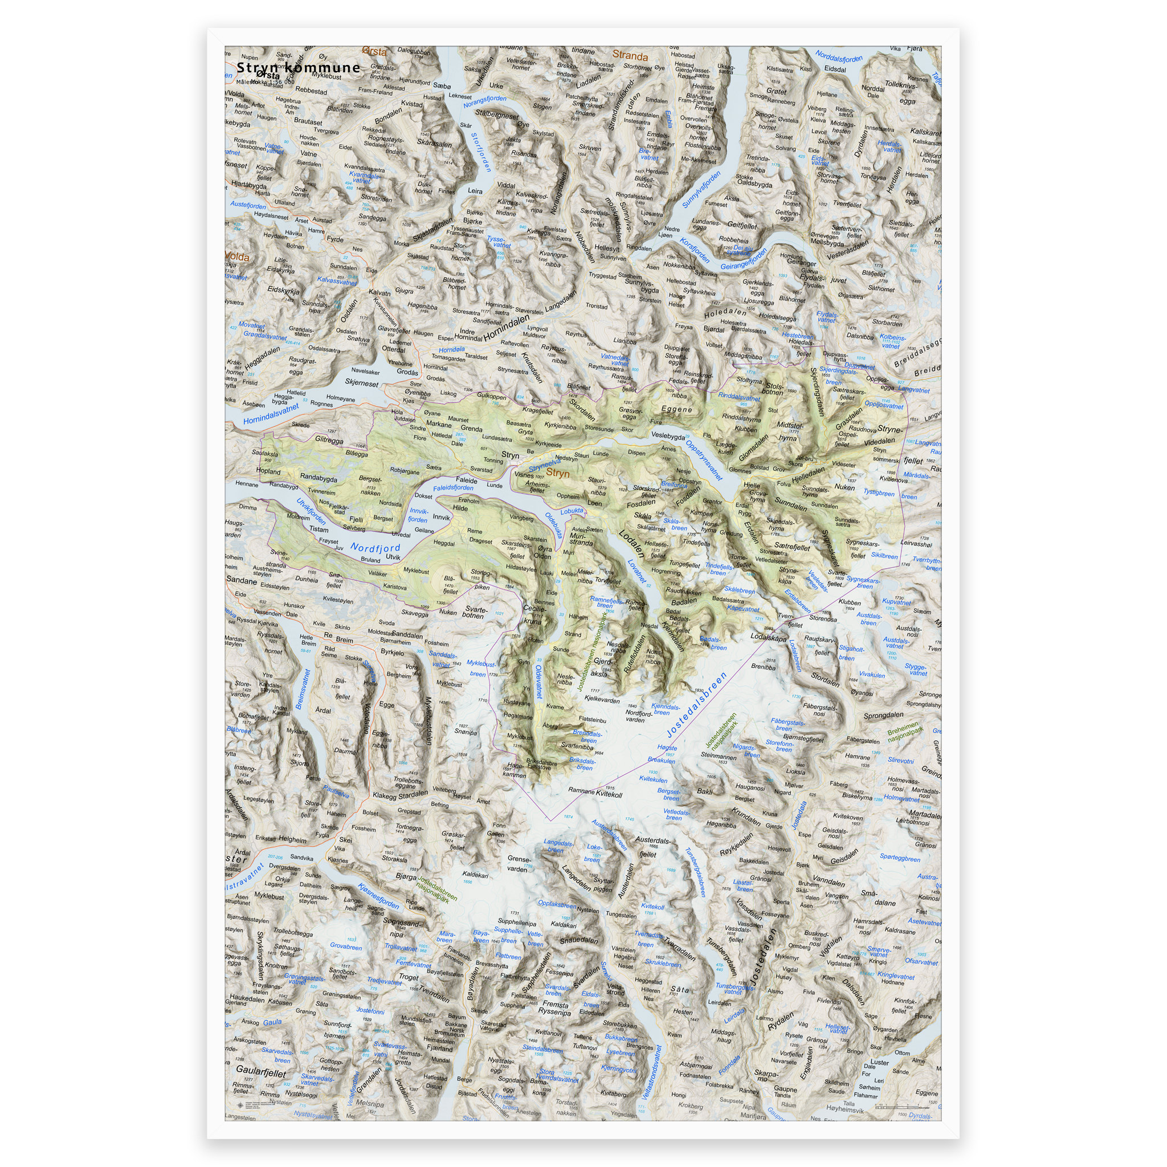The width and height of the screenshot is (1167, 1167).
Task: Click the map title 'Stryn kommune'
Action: pos(298,68)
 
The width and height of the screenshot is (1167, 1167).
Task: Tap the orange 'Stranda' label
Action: pos(630,56)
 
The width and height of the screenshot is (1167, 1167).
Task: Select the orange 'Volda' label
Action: pos(237,257)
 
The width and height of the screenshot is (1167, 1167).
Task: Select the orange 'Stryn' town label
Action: pos(557,474)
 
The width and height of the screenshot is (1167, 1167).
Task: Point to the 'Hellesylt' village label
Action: pos(607,248)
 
